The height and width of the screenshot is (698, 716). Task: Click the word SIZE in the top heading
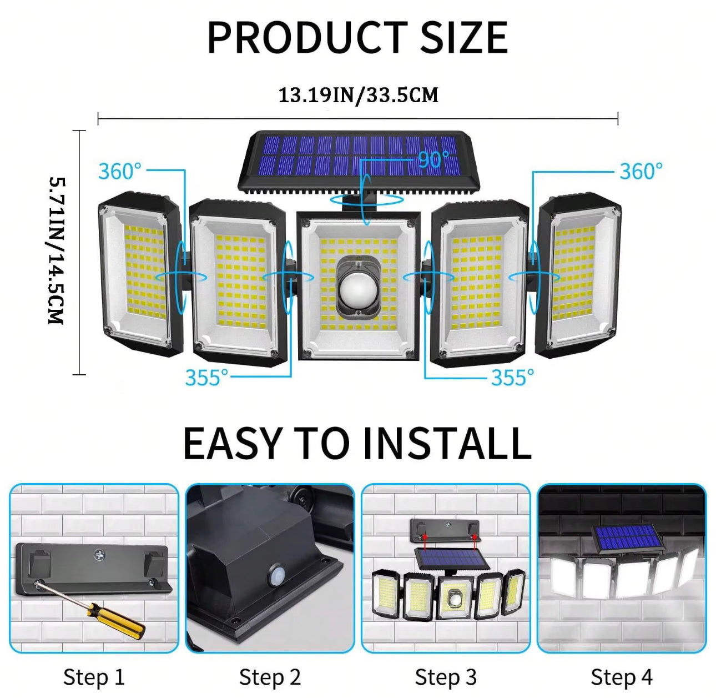tap(465, 38)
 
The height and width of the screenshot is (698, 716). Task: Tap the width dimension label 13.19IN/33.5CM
tap(359, 96)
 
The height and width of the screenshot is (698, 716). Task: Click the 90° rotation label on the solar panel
tap(434, 159)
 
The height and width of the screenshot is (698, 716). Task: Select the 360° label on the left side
tap(119, 171)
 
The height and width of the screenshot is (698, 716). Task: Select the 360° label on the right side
tap(641, 171)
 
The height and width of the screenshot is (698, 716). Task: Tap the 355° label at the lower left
tap(206, 378)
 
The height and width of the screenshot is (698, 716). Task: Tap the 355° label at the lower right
tap(512, 378)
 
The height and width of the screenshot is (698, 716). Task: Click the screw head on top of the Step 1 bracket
tap(99, 555)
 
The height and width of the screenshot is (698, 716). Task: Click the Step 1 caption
tap(94, 677)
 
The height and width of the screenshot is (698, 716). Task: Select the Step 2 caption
tap(270, 677)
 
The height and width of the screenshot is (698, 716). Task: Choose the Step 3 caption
tap(446, 677)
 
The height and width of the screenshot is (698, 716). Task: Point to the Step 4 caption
tap(622, 677)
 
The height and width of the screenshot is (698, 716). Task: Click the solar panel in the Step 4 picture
tap(627, 537)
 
